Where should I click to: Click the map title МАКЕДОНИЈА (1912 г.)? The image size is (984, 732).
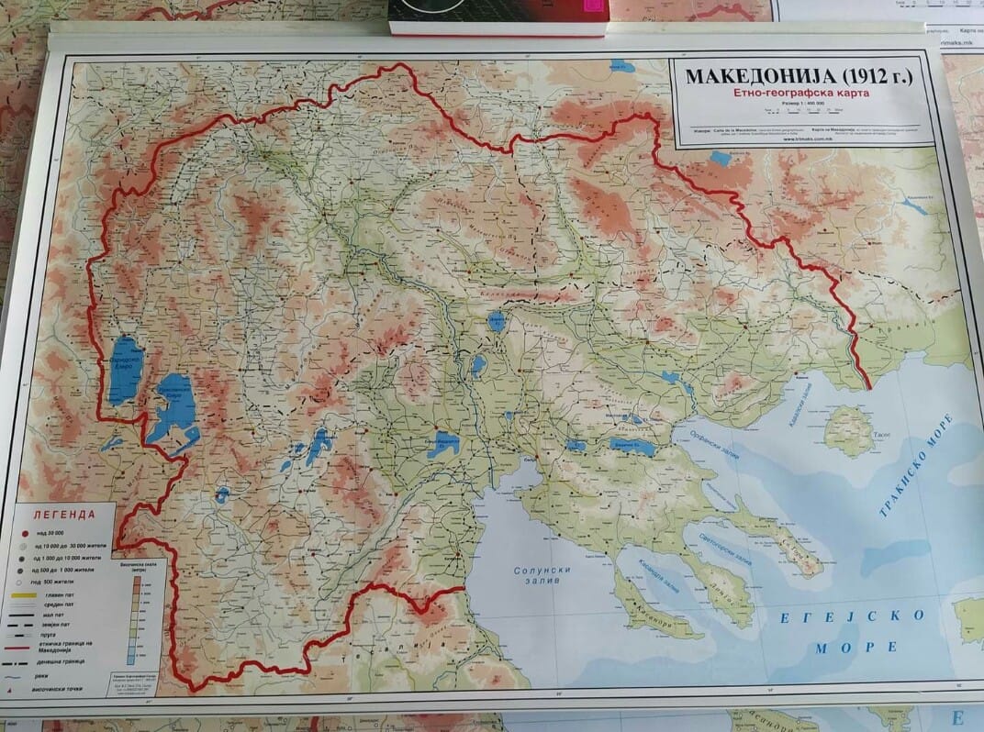tap(800, 75)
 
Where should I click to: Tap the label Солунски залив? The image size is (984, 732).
tap(542, 577)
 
